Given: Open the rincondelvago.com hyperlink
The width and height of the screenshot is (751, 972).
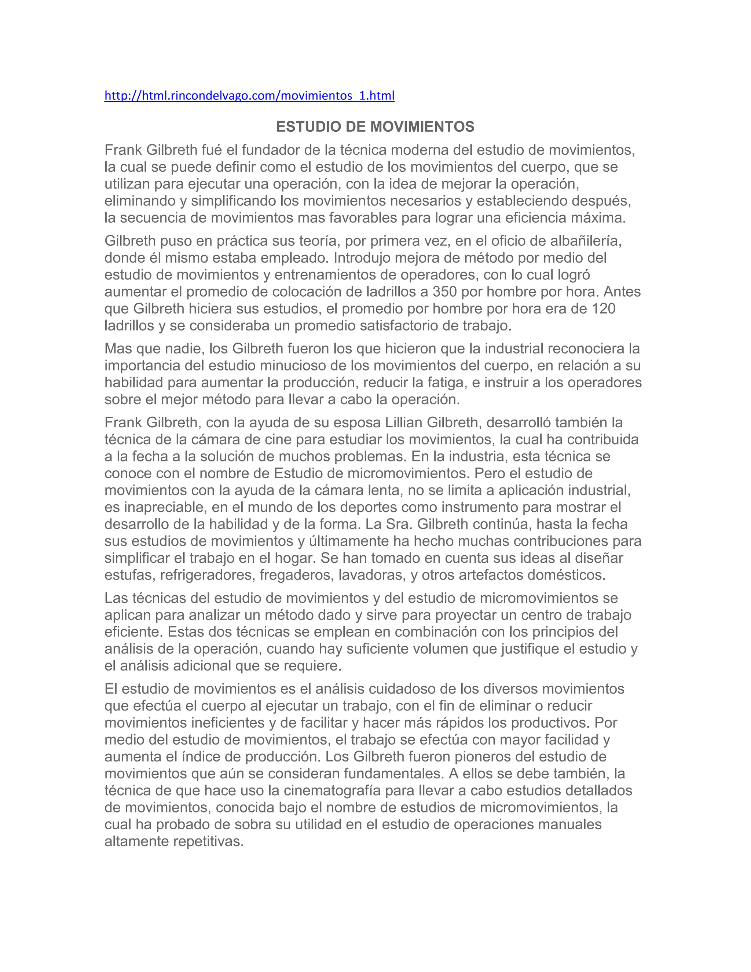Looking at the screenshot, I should [x=249, y=96].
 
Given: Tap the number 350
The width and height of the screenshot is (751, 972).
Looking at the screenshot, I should [x=444, y=292].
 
